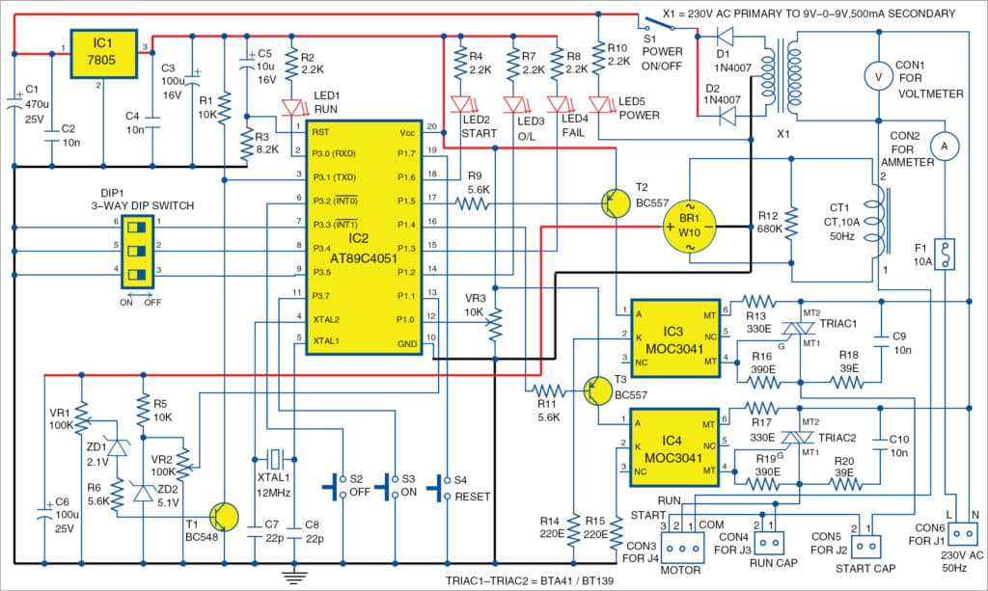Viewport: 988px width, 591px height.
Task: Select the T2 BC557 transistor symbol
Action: click(614, 203)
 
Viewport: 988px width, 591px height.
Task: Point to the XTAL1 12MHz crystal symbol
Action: click(275, 457)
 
